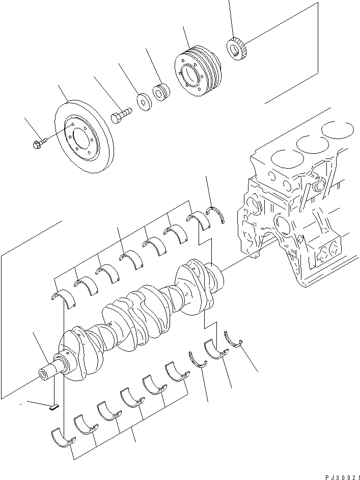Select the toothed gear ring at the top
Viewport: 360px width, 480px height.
[x=237, y=49]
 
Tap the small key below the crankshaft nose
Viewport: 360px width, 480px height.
[x=54, y=406]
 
